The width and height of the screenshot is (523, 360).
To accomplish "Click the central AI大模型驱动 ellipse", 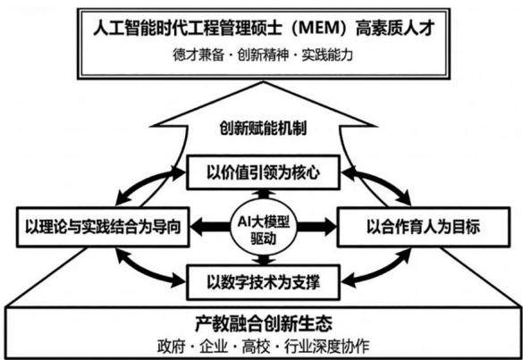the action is [x=264, y=229].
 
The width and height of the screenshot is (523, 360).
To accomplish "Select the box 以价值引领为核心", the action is [x=263, y=172].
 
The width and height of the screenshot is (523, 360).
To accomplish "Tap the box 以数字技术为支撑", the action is [x=263, y=282].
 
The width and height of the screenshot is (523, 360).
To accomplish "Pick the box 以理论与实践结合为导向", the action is [x=103, y=227].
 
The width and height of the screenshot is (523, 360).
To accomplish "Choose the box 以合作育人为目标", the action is [x=423, y=227].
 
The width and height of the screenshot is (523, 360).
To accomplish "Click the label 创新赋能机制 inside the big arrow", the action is [x=263, y=129].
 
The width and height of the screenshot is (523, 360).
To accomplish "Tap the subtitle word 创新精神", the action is [x=263, y=54].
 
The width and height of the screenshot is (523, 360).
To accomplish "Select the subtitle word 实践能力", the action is [x=327, y=54].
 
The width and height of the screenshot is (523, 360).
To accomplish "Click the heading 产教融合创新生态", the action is [x=263, y=323].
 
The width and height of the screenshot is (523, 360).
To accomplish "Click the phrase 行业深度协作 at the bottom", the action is [x=327, y=347].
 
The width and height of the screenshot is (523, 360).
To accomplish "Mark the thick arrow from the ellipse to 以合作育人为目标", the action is [x=316, y=227].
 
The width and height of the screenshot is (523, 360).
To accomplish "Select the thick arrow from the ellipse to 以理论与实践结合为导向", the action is [x=211, y=227].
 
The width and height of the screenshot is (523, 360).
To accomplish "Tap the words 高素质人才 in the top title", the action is [x=394, y=29].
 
